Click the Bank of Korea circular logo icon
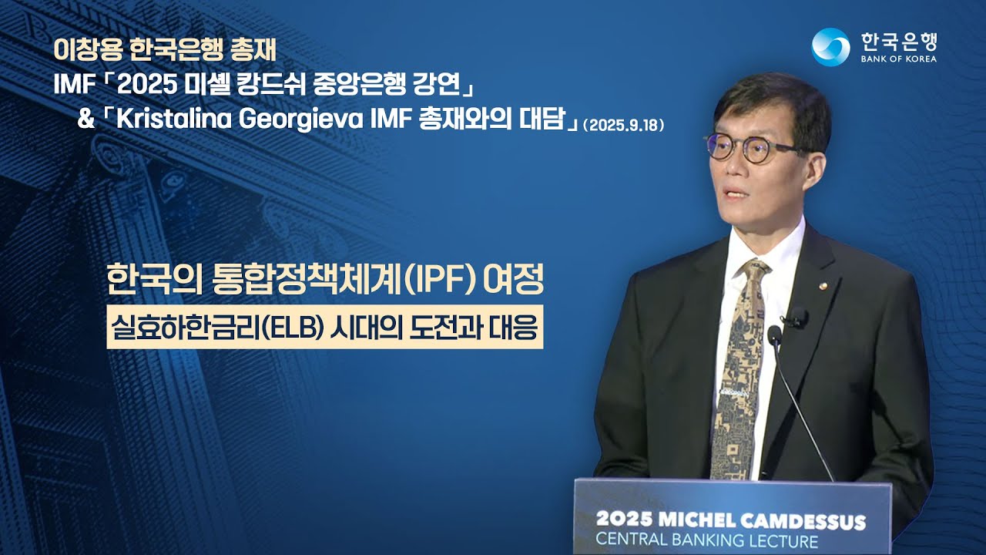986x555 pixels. coord(830,47)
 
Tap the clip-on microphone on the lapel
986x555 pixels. coord(800,316)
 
